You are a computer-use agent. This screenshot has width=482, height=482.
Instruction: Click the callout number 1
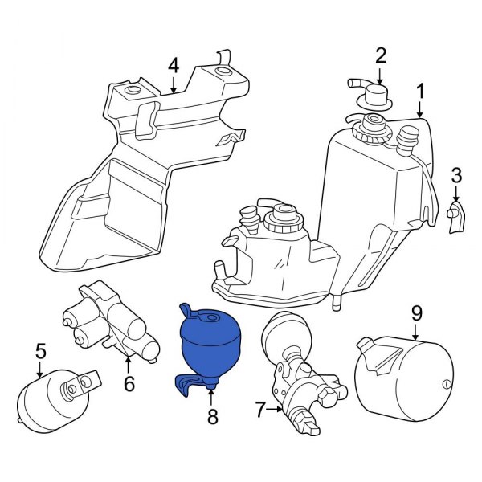[419, 92]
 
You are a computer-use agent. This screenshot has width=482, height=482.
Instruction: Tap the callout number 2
[381, 55]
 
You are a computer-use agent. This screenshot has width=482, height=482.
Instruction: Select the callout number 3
[456, 174]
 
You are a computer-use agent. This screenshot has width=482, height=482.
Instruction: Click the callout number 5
[40, 350]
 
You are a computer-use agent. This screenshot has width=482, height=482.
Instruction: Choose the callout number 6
[129, 384]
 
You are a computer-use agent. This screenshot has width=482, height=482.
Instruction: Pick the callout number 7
[260, 411]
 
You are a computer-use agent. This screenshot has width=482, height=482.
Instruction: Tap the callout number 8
[212, 416]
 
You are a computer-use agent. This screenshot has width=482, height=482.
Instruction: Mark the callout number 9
[416, 311]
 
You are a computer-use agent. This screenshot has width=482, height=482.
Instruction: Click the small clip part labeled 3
[455, 216]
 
